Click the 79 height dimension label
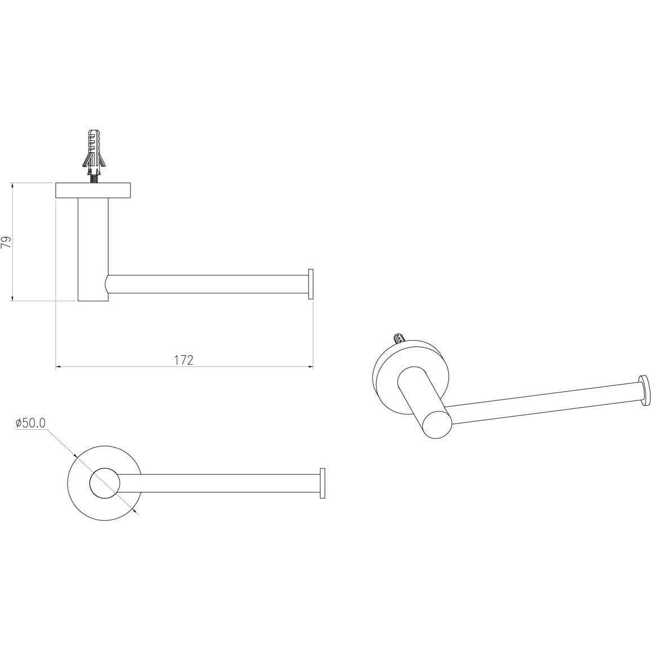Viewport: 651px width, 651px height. click(7, 242)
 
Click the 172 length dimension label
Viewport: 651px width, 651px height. click(184, 360)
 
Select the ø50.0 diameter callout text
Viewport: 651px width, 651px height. click(30, 423)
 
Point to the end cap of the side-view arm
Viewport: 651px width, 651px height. click(310, 284)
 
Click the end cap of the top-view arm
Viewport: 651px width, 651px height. click(322, 483)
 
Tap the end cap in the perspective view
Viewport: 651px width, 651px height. click(644, 390)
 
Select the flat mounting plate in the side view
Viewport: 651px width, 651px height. click(93, 190)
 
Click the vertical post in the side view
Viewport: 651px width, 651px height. click(93, 249)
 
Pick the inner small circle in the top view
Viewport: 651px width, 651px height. click(105, 483)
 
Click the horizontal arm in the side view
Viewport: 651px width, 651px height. click(208, 284)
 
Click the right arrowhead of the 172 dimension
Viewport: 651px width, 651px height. click(310, 367)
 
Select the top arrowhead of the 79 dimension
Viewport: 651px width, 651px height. click(12, 186)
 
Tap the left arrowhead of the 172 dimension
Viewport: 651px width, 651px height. click(59, 367)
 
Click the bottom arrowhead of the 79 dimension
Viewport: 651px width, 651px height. click(12, 298)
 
